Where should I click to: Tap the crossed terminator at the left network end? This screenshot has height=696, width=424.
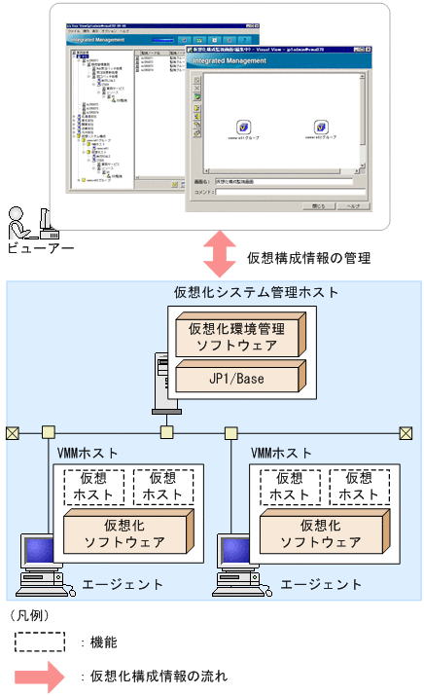coord(12,431)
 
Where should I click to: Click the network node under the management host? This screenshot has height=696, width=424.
coord(167,431)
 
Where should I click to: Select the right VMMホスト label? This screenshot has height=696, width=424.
coord(283,453)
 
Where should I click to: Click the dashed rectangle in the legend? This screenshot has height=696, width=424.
coord(41,642)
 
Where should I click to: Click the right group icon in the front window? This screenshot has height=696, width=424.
coord(321,128)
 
